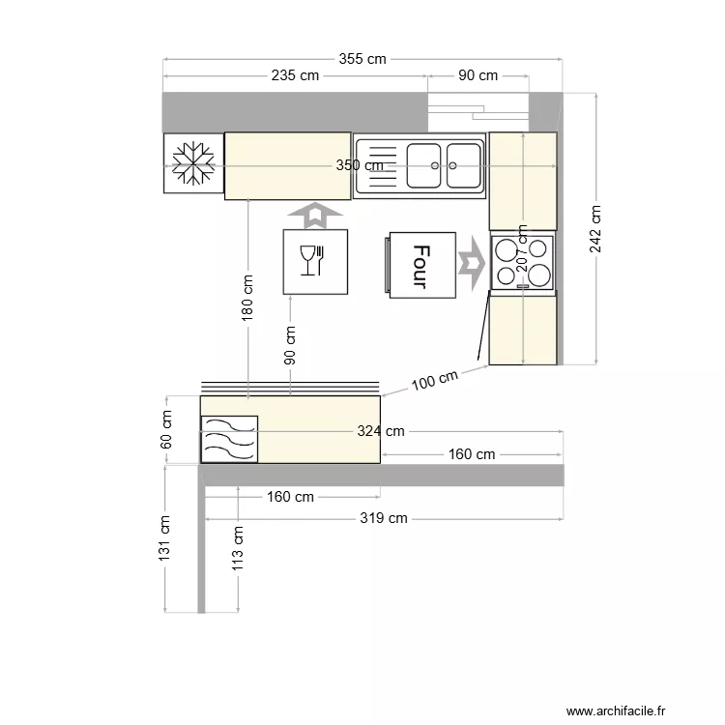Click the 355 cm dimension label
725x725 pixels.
(x=362, y=59)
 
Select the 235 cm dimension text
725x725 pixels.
(x=295, y=75)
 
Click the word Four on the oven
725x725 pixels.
(x=420, y=267)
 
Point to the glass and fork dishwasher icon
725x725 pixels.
(x=314, y=261)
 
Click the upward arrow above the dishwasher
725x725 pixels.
(x=314, y=215)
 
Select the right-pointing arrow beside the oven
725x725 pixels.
(x=471, y=262)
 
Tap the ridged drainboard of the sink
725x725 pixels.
(x=378, y=166)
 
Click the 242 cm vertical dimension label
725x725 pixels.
(x=595, y=229)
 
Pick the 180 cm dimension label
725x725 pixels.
(x=247, y=298)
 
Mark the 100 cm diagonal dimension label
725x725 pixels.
(x=434, y=380)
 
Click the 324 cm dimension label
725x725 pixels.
(x=381, y=431)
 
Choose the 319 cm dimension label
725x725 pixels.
(x=384, y=519)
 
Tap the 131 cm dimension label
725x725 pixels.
(x=165, y=537)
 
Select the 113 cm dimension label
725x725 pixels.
(x=239, y=548)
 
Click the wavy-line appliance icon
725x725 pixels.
(x=229, y=438)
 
